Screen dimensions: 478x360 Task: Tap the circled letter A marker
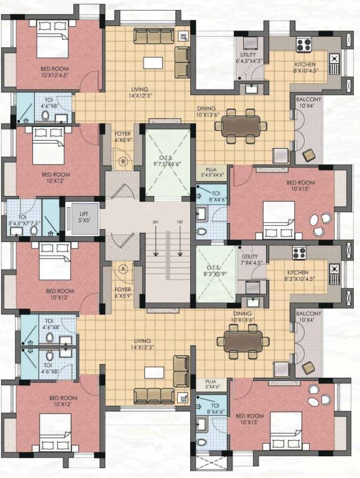coord(123,269)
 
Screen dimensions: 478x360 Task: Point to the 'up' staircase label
coord(181,222)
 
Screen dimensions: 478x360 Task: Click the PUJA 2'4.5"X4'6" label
coord(211,172)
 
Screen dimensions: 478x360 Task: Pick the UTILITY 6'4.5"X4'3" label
coord(249,59)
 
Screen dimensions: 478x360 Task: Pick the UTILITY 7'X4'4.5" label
coord(250,260)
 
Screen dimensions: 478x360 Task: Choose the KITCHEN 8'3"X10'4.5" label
coord(303,276)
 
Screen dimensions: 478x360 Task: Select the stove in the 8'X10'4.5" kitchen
coord(303,45)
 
